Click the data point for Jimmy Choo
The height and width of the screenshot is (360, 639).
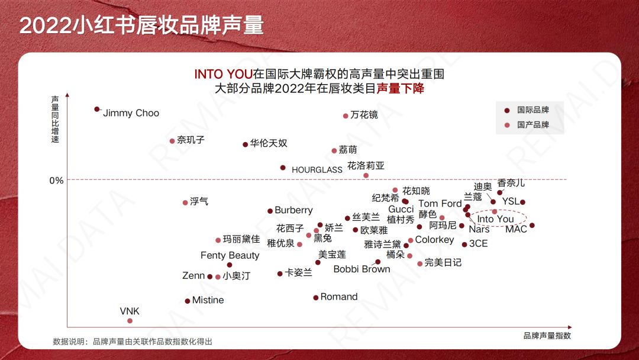(97, 110)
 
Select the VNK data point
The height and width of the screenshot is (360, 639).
(130, 321)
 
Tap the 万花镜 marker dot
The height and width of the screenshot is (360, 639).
(346, 116)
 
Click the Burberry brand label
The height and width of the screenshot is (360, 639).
(293, 210)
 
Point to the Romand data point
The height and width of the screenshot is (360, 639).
(316, 297)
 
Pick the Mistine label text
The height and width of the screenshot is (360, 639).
(208, 300)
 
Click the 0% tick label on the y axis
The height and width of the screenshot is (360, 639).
(56, 180)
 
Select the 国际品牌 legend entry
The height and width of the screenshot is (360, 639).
(532, 110)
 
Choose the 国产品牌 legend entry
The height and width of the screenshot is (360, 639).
(532, 125)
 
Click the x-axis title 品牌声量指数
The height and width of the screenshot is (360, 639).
(547, 336)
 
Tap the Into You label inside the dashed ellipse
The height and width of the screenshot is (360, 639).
(495, 219)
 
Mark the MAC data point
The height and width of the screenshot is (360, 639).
(532, 225)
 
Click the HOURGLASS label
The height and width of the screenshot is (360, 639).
(317, 170)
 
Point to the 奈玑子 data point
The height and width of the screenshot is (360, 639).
(172, 141)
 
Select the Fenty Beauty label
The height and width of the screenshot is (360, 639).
(230, 255)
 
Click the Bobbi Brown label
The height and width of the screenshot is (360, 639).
(362, 269)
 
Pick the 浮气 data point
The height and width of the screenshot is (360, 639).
(185, 202)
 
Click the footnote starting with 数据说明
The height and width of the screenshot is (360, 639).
(133, 342)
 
